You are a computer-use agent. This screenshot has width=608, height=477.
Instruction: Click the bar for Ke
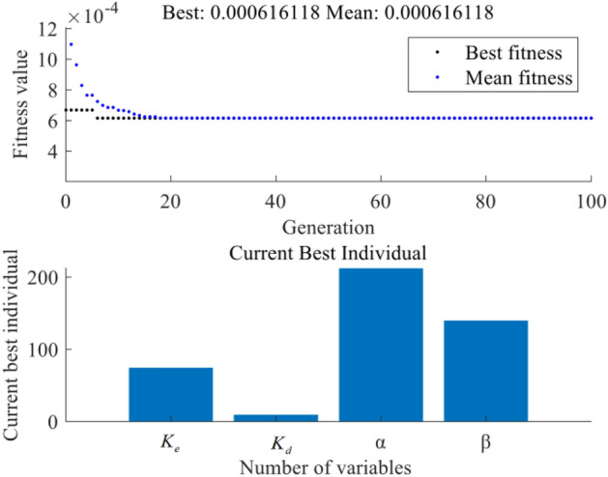(170, 394)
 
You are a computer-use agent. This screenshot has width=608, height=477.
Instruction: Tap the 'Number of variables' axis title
(328, 466)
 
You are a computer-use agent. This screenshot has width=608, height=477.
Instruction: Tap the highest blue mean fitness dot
(71, 44)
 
